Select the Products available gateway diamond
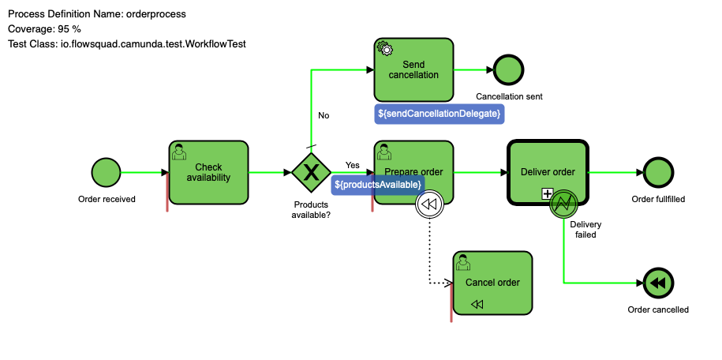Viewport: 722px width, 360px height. coord(311,172)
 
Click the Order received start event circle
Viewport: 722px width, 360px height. coord(107,172)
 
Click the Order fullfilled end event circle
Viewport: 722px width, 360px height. coord(658,172)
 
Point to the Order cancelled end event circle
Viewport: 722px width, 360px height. coord(658,283)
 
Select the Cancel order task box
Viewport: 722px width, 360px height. coord(492,283)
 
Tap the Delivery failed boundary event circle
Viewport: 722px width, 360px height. coord(565,203)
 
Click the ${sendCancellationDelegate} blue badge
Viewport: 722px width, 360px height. coord(439,114)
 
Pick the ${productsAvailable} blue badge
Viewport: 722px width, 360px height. coord(378,184)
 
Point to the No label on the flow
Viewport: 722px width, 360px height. coord(324,115)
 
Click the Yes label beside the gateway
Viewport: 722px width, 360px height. coord(352,165)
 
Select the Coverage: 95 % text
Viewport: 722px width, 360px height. coord(44,29)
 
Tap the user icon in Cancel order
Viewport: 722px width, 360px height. coord(465,261)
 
